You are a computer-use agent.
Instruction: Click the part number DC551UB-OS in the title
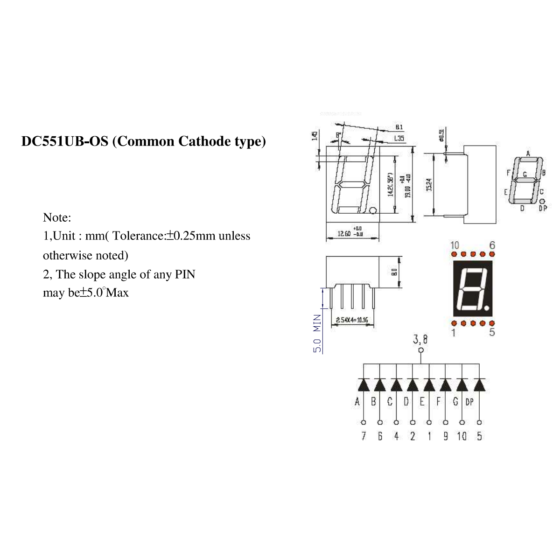coord(65,141)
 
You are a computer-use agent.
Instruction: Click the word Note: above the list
coord(57,217)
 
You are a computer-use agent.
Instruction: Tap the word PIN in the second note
coord(185,274)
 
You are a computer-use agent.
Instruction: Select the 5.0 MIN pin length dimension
coord(317,333)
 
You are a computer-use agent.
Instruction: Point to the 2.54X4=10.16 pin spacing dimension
coord(352,320)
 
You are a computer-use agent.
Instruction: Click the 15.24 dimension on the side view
coord(429,184)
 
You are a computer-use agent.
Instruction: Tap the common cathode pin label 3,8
coord(420,340)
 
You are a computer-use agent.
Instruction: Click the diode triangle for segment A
coord(364,385)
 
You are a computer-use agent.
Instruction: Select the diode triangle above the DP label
coord(479,385)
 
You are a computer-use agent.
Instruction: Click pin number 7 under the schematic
coord(364,436)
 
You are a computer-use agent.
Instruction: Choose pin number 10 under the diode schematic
coord(462,436)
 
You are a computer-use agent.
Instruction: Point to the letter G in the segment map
coord(525,175)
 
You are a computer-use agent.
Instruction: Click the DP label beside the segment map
coord(543,208)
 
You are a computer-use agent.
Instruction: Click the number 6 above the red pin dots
coord(492,245)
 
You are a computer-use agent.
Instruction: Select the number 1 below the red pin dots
coord(453,333)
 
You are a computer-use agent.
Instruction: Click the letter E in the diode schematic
coord(422,402)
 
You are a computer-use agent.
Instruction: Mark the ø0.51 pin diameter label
coord(441,135)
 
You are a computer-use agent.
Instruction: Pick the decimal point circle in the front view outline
coord(372,211)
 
